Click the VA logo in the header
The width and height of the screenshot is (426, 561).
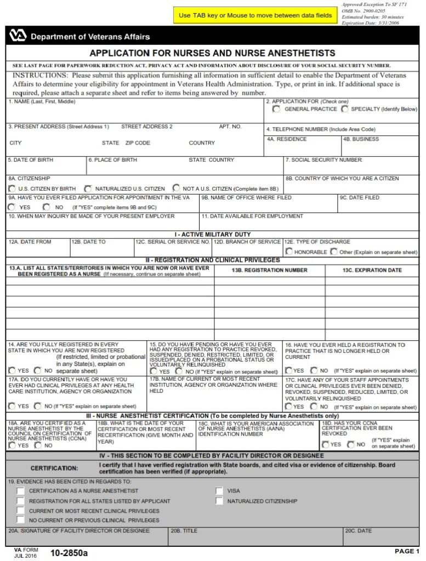18,36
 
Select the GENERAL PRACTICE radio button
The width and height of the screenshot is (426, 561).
276,109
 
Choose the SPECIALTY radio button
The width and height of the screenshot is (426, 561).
345,109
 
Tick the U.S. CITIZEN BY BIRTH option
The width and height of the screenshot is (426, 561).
12,188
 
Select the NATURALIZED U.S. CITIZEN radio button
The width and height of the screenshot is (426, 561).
88,188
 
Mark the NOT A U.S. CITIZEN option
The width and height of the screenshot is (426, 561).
176,188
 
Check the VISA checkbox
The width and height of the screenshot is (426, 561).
219,491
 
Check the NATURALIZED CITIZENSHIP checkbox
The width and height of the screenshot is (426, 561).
219,501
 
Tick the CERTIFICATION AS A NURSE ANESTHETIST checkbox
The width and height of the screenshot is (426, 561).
21,491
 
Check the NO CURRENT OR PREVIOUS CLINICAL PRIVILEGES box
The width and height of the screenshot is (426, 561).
21,520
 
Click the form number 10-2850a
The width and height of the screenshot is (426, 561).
69,553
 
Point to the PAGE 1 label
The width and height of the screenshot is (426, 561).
407,551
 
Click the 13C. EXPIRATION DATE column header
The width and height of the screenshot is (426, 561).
372,270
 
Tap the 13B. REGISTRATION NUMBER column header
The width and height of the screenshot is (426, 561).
269,270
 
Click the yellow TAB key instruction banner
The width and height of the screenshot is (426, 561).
255,15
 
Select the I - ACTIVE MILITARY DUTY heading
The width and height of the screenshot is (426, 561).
213,234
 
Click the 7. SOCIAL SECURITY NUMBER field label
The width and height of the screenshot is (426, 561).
323,160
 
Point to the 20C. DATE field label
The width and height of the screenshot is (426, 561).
358,531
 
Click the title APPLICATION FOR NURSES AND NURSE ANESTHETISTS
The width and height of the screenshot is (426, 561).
212,53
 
